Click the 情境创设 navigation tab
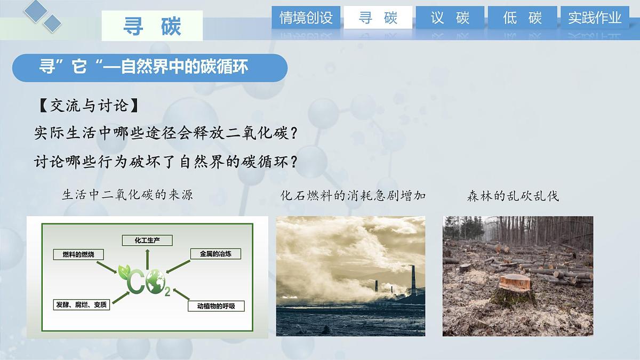pyautogui.click(x=306, y=18)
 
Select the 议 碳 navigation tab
pyautogui.click(x=450, y=18)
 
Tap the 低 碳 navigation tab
pyautogui.click(x=522, y=18)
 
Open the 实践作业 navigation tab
pyautogui.click(x=595, y=18)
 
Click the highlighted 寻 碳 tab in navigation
pyautogui.click(x=378, y=18)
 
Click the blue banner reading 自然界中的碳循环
pyautogui.click(x=149, y=68)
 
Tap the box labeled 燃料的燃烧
pyautogui.click(x=78, y=254)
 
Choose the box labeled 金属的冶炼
pyautogui.click(x=215, y=254)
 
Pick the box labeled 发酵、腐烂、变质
pyautogui.click(x=82, y=305)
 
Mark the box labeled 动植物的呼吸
pyautogui.click(x=216, y=306)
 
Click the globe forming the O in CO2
pyautogui.click(x=157, y=281)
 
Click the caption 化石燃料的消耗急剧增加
pyautogui.click(x=353, y=195)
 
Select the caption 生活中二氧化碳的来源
pyautogui.click(x=127, y=195)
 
